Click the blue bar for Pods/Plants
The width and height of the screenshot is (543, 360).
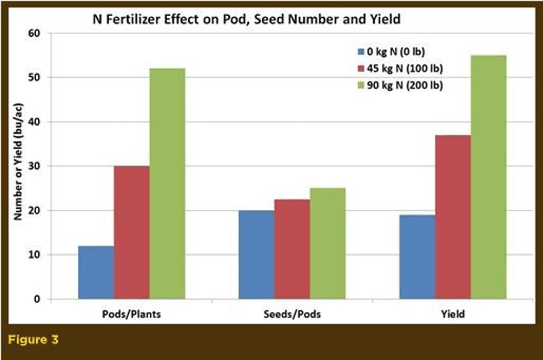pos(96,272)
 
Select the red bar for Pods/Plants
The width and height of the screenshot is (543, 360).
pos(131,232)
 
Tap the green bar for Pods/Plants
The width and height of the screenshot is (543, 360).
pos(167,184)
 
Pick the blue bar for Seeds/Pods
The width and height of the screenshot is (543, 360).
pos(256,255)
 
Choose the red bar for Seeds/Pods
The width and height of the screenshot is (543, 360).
pos(292,249)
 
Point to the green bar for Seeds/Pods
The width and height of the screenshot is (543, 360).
pos(328,244)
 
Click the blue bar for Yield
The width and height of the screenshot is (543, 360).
pos(418,257)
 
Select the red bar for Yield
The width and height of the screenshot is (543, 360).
pos(453,217)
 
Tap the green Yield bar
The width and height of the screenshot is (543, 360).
pos(488,177)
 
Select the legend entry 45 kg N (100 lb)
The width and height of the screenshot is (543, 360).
pos(400,69)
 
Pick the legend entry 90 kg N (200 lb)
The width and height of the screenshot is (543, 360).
pos(400,85)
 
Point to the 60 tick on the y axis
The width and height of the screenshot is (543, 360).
pos(34,33)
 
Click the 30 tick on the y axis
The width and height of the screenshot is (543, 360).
pos(34,166)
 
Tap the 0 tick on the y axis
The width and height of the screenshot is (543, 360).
pos(37,299)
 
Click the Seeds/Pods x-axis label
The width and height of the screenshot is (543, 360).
pos(292,314)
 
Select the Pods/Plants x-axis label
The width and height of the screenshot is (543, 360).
pos(131,314)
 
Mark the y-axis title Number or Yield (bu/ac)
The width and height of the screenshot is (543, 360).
pos(18,162)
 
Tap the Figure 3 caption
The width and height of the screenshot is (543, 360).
pos(33,339)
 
